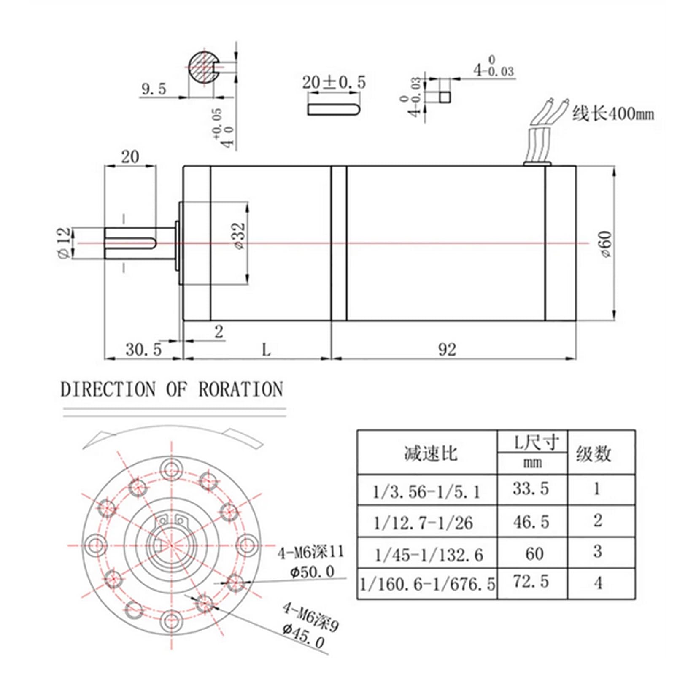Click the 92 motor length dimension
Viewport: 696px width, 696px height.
tap(447, 349)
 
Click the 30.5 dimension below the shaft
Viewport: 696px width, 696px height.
tap(143, 349)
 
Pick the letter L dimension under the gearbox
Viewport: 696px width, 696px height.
tap(266, 349)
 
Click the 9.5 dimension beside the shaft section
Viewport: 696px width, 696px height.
tap(154, 89)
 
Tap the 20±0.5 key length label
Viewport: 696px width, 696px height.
tap(334, 82)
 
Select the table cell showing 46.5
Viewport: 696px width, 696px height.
tap(531, 522)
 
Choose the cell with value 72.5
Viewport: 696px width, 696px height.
tap(531, 582)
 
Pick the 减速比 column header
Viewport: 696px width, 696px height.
tap(430, 454)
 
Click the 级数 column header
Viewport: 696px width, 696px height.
tap(593, 454)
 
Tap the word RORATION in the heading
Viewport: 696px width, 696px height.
tap(240, 389)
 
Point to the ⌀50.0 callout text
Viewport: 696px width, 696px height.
tap(312, 572)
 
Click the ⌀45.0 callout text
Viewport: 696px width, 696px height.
tap(304, 637)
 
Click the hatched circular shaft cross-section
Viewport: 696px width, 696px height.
tap(202, 68)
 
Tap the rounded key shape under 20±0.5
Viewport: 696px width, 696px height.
tap(333, 109)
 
